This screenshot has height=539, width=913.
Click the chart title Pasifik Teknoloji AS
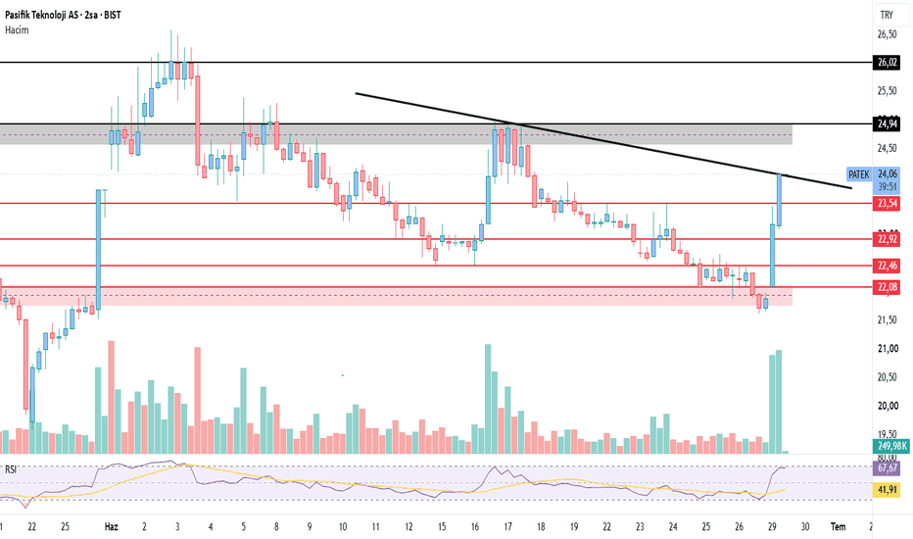pyautogui.click(x=42, y=15)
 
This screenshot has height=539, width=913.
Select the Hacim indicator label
pyautogui.click(x=17, y=30)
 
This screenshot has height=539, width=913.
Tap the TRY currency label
pyautogui.click(x=887, y=15)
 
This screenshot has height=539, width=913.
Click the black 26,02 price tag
pyautogui.click(x=887, y=63)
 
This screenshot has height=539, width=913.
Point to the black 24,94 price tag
pyautogui.click(x=887, y=123)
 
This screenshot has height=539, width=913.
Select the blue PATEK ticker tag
pyautogui.click(x=859, y=174)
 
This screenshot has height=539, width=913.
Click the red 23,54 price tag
pyautogui.click(x=887, y=204)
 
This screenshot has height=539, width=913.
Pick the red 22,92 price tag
pyautogui.click(x=887, y=239)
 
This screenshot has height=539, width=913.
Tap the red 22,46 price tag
pyautogui.click(x=887, y=266)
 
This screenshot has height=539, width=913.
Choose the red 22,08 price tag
pyautogui.click(x=887, y=287)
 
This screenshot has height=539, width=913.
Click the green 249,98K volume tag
pyautogui.click(x=891, y=446)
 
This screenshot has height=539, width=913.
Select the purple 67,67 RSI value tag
pyautogui.click(x=887, y=467)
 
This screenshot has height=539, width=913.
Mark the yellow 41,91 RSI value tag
pyautogui.click(x=887, y=489)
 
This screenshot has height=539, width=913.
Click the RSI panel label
pyautogui.click(x=11, y=469)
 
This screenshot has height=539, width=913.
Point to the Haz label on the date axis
pyautogui.click(x=112, y=527)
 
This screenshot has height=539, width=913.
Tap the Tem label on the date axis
pyautogui.click(x=838, y=527)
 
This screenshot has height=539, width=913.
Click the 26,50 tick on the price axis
pyautogui.click(x=887, y=34)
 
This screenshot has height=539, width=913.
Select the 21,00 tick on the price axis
pyautogui.click(x=887, y=349)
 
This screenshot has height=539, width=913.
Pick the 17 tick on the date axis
pyautogui.click(x=507, y=527)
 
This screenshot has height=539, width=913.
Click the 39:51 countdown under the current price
pyautogui.click(x=887, y=187)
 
